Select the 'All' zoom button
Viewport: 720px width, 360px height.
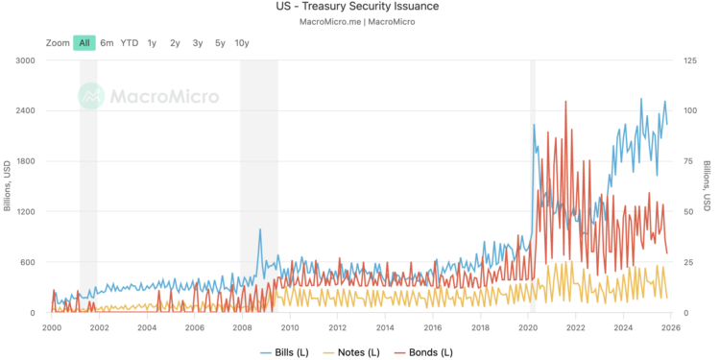tap(84, 42)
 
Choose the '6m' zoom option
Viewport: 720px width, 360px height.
tap(107, 42)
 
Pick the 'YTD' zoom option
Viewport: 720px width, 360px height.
tap(130, 42)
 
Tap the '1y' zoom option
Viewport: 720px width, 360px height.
tap(152, 42)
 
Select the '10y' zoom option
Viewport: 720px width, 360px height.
tap(242, 42)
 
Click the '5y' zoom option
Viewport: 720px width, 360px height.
tap(220, 42)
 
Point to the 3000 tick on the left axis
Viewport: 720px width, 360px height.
tap(25, 60)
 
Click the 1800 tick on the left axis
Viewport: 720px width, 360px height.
tap(25, 161)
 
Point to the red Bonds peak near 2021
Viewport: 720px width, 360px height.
tap(565, 102)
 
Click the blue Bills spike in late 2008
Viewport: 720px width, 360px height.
tap(259, 229)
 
